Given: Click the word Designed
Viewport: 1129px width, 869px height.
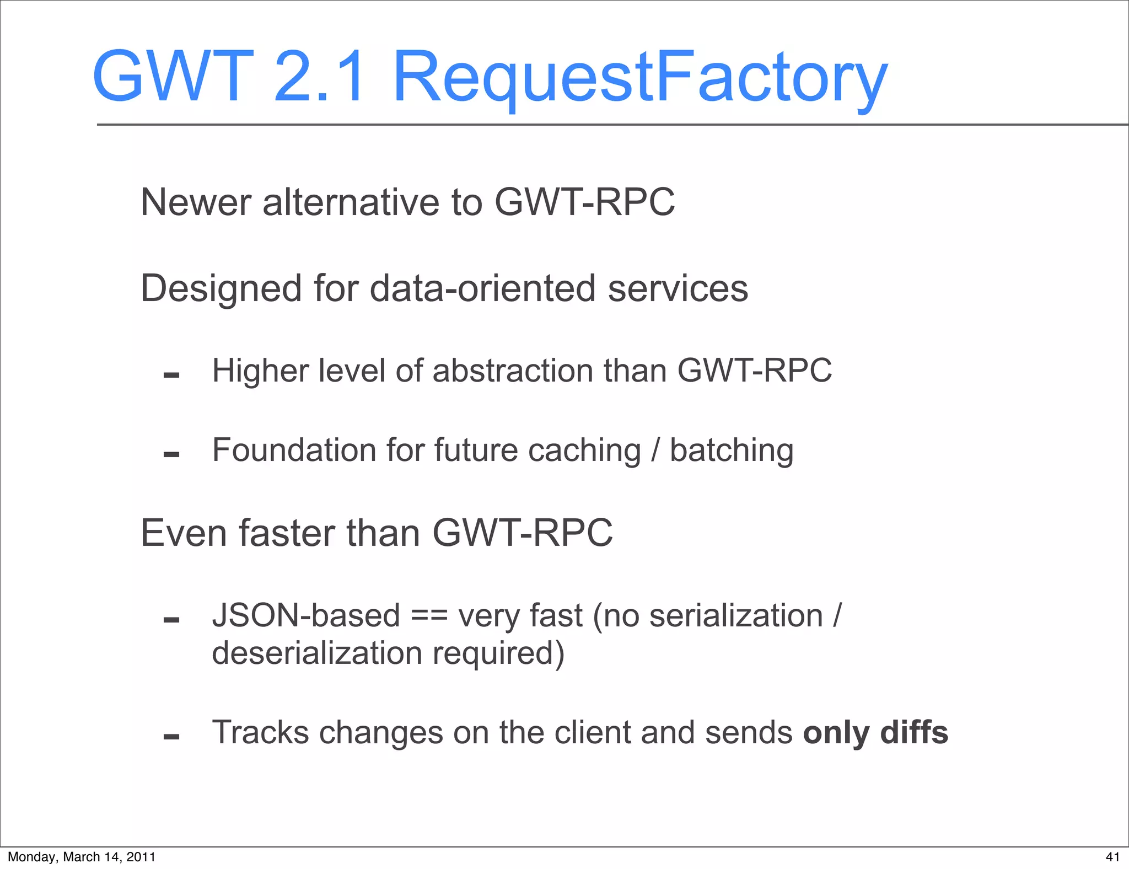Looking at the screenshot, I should point(221,288).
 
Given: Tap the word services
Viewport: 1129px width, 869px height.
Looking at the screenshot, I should point(678,288).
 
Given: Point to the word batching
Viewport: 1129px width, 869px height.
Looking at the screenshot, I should point(732,451).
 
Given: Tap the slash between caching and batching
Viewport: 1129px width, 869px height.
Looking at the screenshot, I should point(655,450).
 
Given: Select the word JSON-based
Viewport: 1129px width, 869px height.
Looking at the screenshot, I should point(306,615).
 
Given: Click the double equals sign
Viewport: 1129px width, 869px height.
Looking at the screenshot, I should point(429,616).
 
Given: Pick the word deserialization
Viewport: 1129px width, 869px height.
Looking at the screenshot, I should point(316,653).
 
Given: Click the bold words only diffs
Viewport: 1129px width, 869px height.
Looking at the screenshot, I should point(875,733).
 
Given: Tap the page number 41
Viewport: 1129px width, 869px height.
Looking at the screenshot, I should point(1112,857).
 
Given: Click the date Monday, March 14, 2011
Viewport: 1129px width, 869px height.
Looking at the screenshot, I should point(82,857).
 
